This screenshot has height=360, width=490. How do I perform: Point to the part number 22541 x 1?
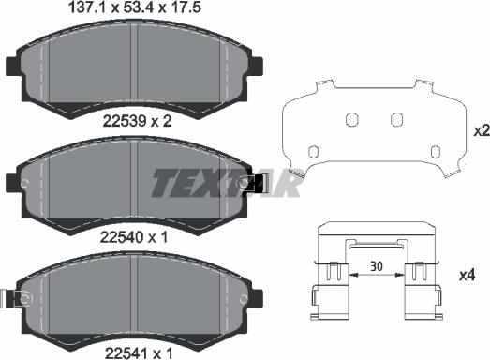point(137,351)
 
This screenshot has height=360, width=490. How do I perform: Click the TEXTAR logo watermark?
point(225,183)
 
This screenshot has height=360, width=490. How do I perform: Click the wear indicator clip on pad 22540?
point(259,186)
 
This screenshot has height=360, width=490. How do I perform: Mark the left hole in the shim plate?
point(351,120)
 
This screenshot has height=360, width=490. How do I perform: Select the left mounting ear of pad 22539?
point(13,67)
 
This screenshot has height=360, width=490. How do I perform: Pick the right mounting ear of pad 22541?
point(260,298)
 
